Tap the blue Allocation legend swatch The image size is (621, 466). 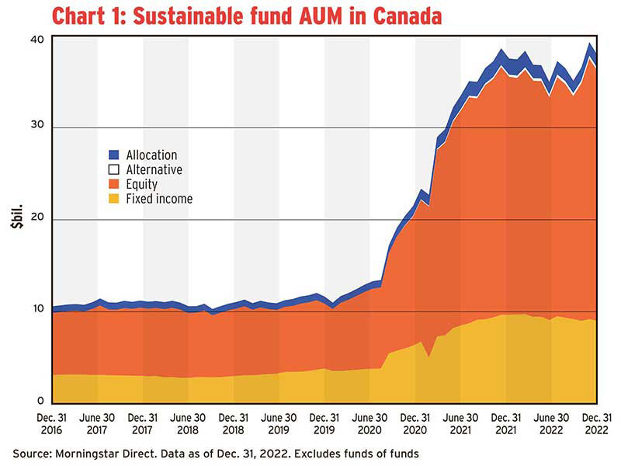(113, 155)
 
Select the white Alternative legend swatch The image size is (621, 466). (113, 169)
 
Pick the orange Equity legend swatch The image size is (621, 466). (113, 184)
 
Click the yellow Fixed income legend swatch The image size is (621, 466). (113, 199)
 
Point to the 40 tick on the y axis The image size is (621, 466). (37, 37)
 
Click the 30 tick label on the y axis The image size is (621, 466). (37, 127)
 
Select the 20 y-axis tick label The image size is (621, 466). (37, 220)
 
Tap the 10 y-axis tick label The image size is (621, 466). (37, 311)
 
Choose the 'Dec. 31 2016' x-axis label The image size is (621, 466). (52, 423)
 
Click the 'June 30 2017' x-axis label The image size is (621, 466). (97, 423)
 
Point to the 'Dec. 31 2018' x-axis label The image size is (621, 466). (234, 423)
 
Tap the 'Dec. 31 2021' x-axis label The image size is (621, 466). (506, 423)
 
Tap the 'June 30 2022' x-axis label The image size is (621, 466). (551, 423)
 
